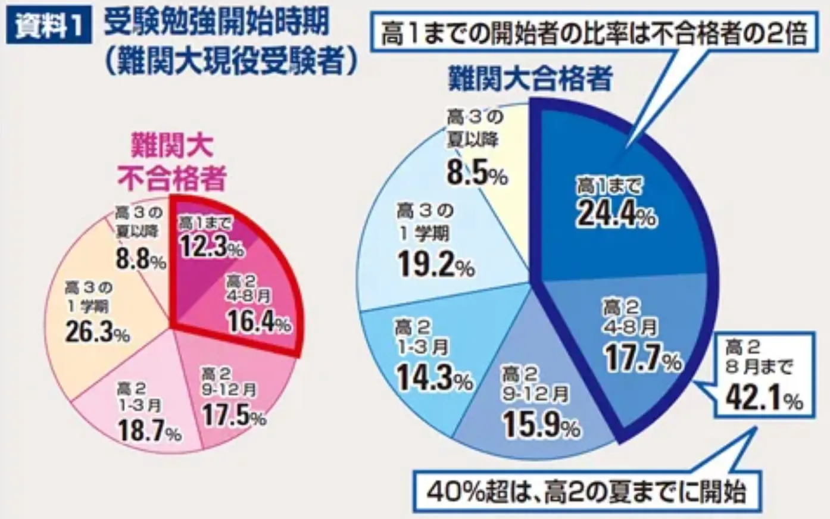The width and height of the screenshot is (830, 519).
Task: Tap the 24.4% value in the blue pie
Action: tap(615, 214)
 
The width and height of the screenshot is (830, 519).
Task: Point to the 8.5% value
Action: tap(476, 173)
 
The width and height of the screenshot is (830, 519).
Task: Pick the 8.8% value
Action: tap(141, 259)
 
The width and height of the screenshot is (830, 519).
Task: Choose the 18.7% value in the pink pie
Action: tap(149, 430)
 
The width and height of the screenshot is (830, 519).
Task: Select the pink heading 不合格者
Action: tap(171, 177)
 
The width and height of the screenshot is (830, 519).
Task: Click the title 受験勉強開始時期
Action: tap(216, 24)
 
